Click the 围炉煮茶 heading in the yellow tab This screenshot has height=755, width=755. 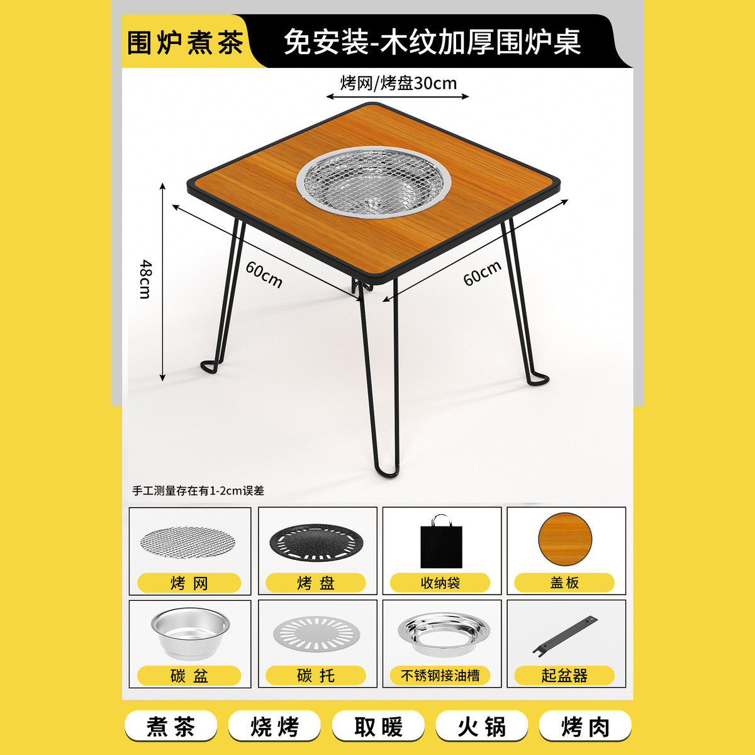click(x=185, y=43)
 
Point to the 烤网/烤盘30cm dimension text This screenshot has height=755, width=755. click(x=398, y=83)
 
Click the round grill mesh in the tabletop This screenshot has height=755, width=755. click(x=374, y=182)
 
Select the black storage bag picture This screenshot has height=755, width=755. click(x=441, y=542)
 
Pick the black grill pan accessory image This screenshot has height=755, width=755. click(x=316, y=543)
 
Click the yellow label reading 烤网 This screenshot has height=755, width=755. click(x=189, y=583)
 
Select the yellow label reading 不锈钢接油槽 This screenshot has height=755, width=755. click(x=440, y=676)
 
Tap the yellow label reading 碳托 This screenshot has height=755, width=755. click(x=316, y=676)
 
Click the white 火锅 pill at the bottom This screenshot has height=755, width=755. click(x=481, y=727)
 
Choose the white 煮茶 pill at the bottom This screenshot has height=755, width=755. click(x=171, y=727)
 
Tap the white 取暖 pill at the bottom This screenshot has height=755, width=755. click(x=378, y=727)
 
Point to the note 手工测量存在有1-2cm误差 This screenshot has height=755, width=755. click(x=198, y=491)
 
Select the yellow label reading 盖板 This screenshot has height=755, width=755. click(x=564, y=583)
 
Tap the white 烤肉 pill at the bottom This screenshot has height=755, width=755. click(x=585, y=727)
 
